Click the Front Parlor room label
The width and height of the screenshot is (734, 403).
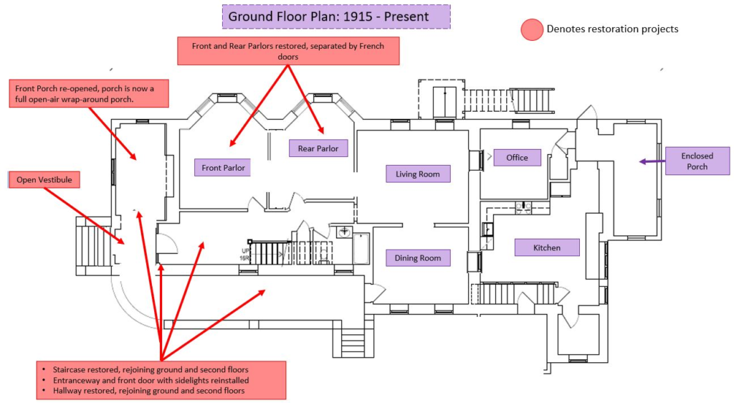pos(223,168)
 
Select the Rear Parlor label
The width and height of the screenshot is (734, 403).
pos(318,148)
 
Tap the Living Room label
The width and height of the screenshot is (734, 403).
pos(418,174)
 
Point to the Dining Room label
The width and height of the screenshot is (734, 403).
pos(418,258)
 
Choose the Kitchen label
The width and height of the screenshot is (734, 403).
pos(547,247)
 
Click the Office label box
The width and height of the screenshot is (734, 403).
pos(518,158)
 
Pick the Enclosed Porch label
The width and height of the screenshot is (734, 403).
pos(697,161)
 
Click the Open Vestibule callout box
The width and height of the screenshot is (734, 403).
pos(44,180)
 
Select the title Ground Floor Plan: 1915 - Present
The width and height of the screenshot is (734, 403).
pos(336,16)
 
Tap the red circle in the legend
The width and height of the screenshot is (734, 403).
pos(532,29)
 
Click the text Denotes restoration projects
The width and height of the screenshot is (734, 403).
pos(612,29)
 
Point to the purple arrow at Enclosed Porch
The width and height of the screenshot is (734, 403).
pos(652,161)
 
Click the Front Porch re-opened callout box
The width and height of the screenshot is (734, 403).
pos(89,94)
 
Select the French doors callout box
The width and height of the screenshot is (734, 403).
pos(288,51)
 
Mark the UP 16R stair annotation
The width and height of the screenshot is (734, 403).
pos(245,255)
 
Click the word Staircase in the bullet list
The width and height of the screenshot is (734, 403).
pos(70,369)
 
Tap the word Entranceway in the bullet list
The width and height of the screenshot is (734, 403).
pos(76,380)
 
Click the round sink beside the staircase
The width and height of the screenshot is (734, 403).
pos(345,231)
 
